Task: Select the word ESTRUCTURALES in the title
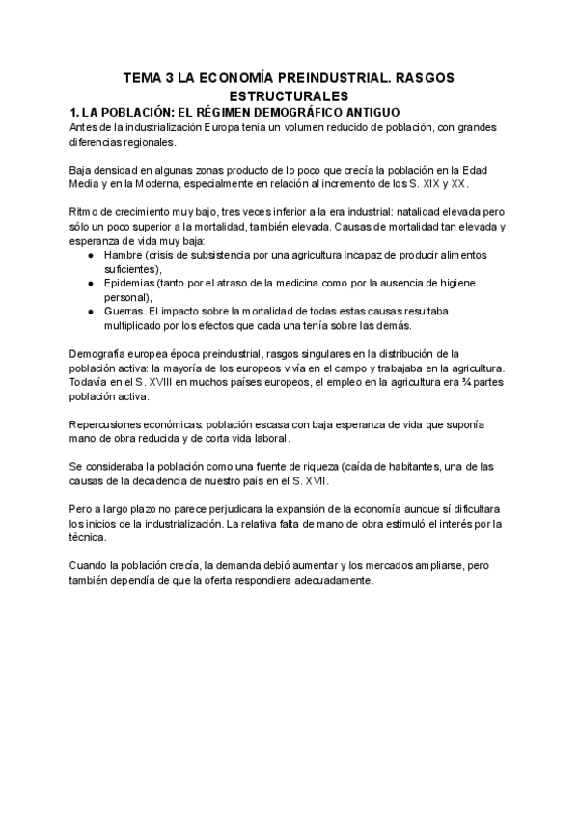[x=289, y=96]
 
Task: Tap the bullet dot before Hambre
[x=90, y=255]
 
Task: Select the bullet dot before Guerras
[x=90, y=312]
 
